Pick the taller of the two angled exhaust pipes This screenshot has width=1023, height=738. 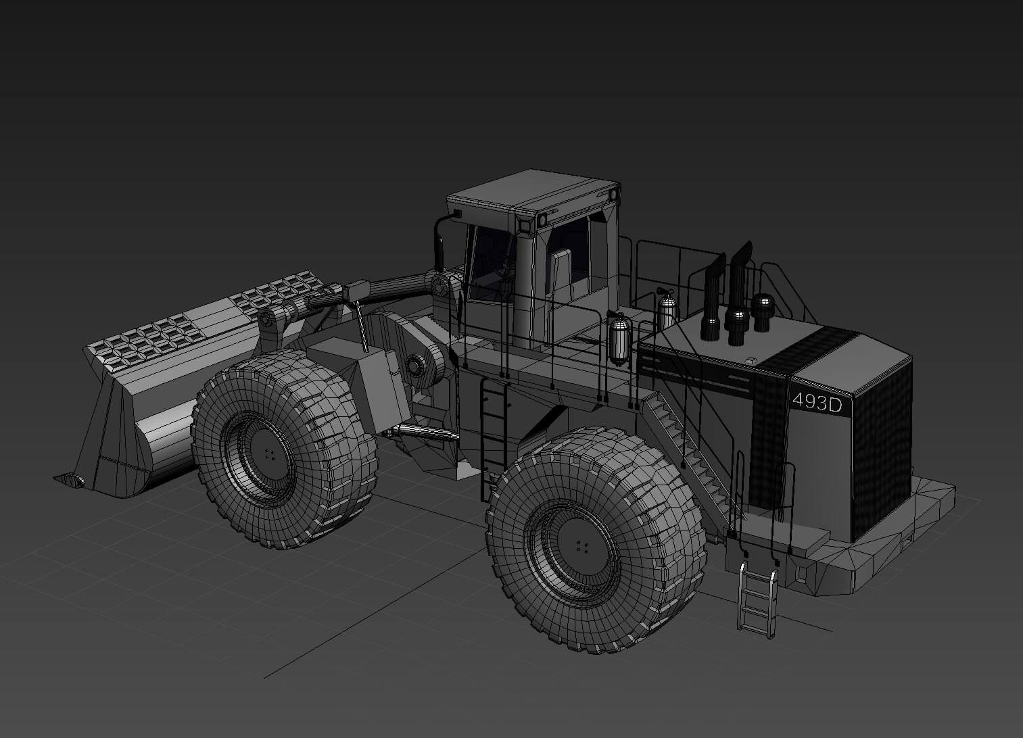738,277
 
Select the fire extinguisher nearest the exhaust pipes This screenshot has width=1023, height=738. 667,310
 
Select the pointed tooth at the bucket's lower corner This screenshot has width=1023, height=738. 68,480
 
